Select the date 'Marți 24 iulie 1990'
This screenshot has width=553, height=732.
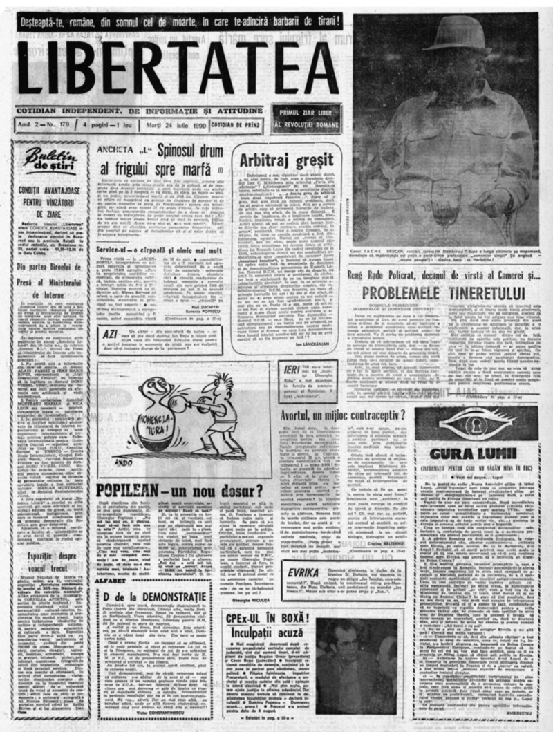pos(155,125)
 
